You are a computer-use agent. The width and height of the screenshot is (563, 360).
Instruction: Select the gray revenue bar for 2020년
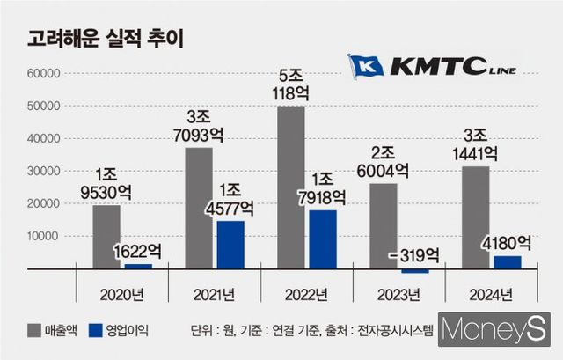point(106,236)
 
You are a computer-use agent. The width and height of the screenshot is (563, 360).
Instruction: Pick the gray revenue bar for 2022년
point(290,187)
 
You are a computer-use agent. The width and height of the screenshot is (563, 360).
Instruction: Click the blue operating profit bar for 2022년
point(322,239)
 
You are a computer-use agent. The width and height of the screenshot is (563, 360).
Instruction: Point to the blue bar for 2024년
point(508,261)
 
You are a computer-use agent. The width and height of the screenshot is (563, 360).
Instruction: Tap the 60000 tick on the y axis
point(43,73)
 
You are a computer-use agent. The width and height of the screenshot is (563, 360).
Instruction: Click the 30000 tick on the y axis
point(43,171)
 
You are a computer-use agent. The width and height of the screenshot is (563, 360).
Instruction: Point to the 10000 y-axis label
point(43,237)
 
